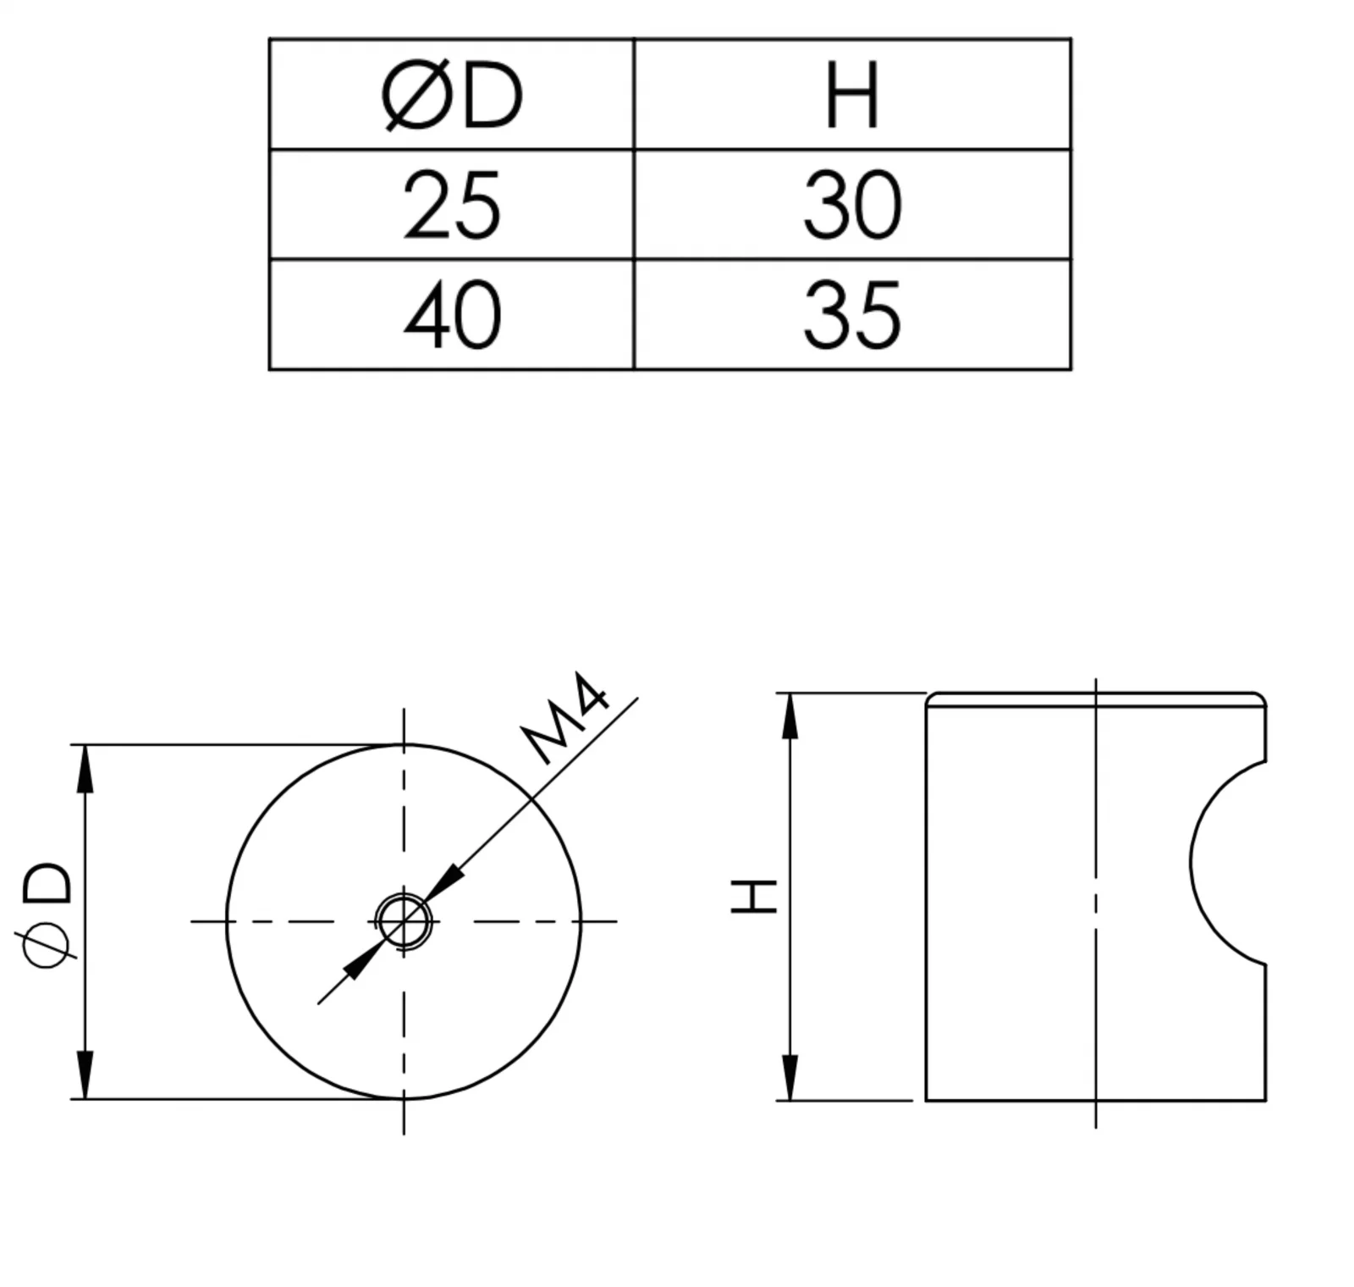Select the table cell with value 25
tap(452, 205)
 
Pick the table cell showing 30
tap(852, 205)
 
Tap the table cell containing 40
tap(452, 315)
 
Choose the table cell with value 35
tap(852, 315)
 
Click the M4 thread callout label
tap(565, 718)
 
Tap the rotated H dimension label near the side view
tap(753, 896)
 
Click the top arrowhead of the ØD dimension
tap(85, 769)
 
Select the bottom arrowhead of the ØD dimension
tap(85, 1074)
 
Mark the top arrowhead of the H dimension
tap(790, 716)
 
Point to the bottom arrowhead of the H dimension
tap(790, 1077)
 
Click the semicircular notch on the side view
tap(1228, 862)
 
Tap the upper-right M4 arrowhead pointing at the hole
tap(443, 883)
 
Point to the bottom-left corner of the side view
tap(927, 1101)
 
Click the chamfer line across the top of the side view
tap(1096, 706)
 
